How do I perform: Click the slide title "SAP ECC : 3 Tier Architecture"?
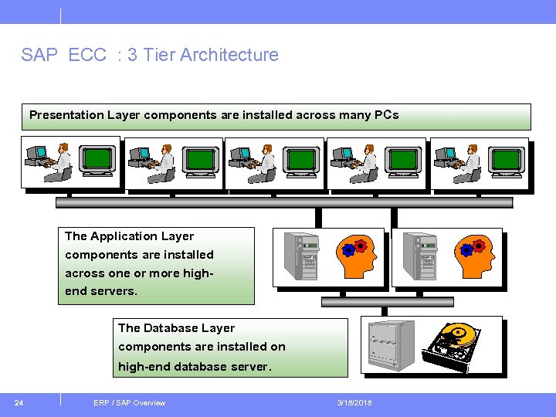[x=150, y=55]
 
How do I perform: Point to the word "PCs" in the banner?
[x=386, y=115]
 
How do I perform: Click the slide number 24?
[x=19, y=402]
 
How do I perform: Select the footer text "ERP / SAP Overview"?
[x=129, y=402]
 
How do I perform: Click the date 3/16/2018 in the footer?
[x=354, y=402]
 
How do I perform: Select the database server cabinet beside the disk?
[x=390, y=345]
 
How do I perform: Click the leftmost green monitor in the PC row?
[x=98, y=160]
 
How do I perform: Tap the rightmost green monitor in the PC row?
[x=507, y=160]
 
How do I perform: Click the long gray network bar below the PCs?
[x=284, y=202]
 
